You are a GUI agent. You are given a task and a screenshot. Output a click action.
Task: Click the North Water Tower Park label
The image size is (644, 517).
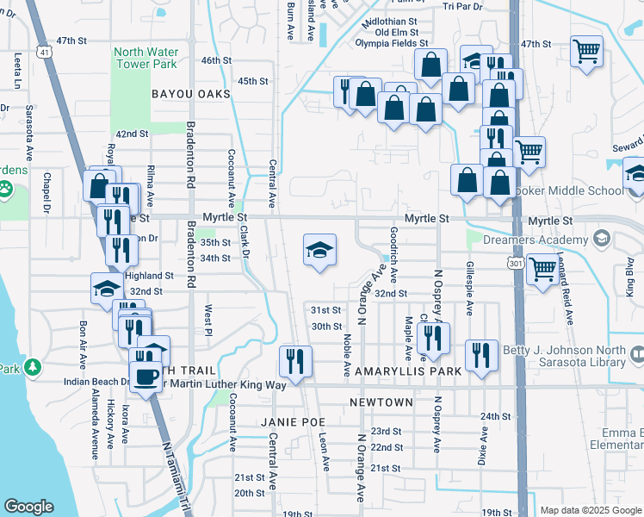tap(146, 58)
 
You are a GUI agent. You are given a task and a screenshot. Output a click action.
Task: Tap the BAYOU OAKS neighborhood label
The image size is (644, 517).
tap(191, 93)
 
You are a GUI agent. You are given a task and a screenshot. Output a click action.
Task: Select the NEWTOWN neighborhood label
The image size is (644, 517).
tap(381, 402)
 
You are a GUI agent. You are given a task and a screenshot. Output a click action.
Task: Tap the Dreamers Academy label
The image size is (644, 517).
tap(528, 238)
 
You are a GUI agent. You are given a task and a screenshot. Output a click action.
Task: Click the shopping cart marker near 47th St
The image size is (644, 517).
tap(586, 52)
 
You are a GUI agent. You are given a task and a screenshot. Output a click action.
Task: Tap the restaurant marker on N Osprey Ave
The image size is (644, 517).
tap(432, 338)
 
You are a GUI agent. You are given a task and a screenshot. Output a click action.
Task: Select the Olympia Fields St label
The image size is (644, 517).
tap(396, 43)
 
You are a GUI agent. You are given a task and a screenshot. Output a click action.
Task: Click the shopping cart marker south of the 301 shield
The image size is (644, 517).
tap(542, 270)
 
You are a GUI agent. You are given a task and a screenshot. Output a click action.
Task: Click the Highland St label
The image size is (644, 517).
tap(149, 276)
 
